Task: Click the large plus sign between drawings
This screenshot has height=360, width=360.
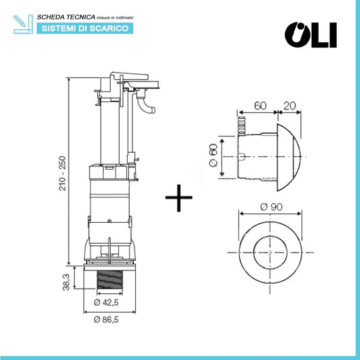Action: point(179,198)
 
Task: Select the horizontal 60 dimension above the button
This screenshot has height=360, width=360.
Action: point(258,106)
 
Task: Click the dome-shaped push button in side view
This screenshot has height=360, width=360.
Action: point(289,155)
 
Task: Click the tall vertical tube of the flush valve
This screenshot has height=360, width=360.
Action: point(111,129)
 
